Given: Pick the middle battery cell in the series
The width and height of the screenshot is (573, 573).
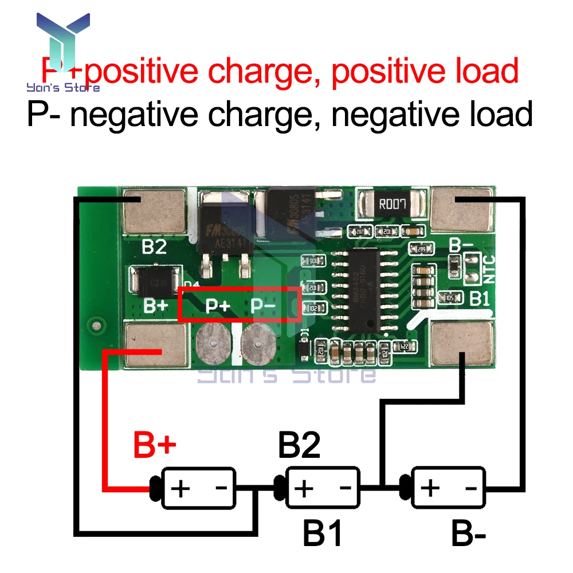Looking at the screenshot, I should click(323, 488).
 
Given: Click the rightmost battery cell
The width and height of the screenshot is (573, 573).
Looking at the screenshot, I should click(448, 488).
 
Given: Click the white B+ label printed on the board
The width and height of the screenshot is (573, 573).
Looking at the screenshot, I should click(155, 305).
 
